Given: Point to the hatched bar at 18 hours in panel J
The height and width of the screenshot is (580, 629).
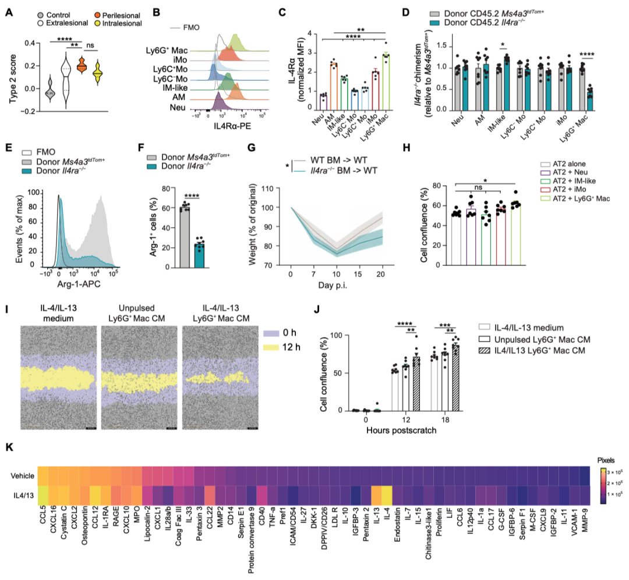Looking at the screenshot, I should point(455,378).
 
